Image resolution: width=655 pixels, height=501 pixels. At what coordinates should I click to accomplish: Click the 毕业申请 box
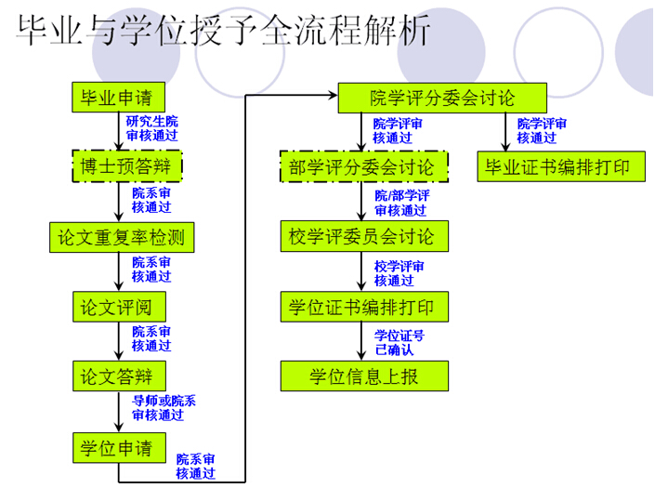click(119, 97)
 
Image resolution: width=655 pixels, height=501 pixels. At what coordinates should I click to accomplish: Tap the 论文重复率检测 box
click(121, 237)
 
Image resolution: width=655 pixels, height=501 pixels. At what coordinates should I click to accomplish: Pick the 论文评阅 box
click(119, 307)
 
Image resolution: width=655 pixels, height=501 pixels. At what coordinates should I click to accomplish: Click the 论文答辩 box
click(119, 376)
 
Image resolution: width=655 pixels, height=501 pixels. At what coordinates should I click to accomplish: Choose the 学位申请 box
click(119, 447)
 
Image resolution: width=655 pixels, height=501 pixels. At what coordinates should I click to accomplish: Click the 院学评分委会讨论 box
click(440, 98)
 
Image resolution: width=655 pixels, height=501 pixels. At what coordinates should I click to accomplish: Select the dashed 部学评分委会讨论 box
click(364, 167)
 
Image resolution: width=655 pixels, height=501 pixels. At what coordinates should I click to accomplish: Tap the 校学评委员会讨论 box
click(364, 236)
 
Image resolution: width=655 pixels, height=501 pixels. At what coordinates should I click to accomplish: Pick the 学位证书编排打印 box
click(364, 306)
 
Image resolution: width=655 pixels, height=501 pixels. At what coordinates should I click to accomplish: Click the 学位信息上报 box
click(364, 376)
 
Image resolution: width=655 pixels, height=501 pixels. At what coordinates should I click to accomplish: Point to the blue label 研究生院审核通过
click(153, 129)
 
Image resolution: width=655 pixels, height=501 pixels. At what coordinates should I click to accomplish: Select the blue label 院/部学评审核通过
click(402, 203)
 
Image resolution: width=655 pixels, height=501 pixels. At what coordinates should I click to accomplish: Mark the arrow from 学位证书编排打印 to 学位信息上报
click(363, 341)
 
